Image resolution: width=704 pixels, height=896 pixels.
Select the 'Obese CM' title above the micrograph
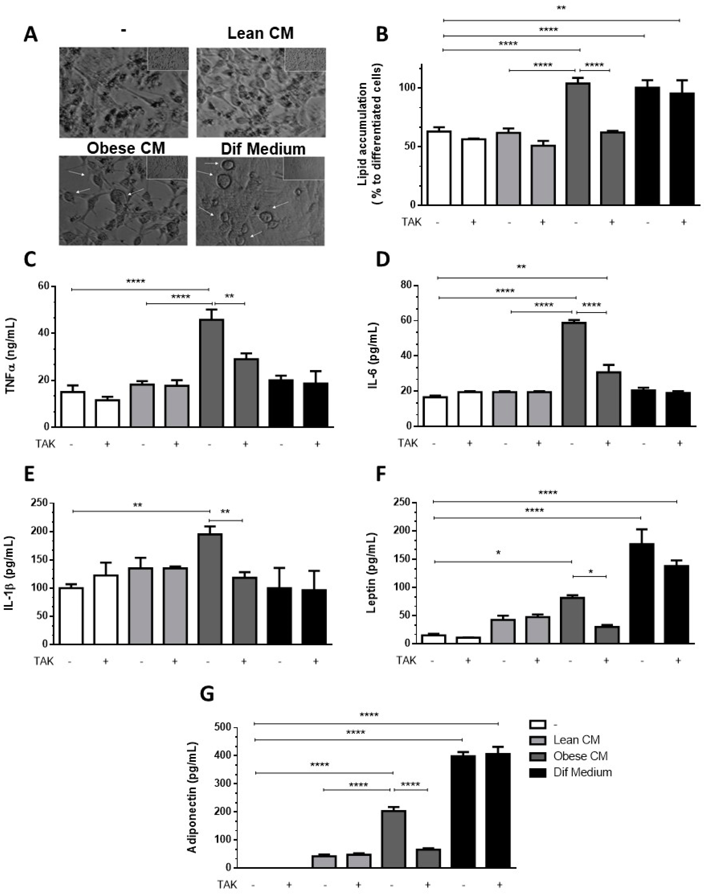126,148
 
